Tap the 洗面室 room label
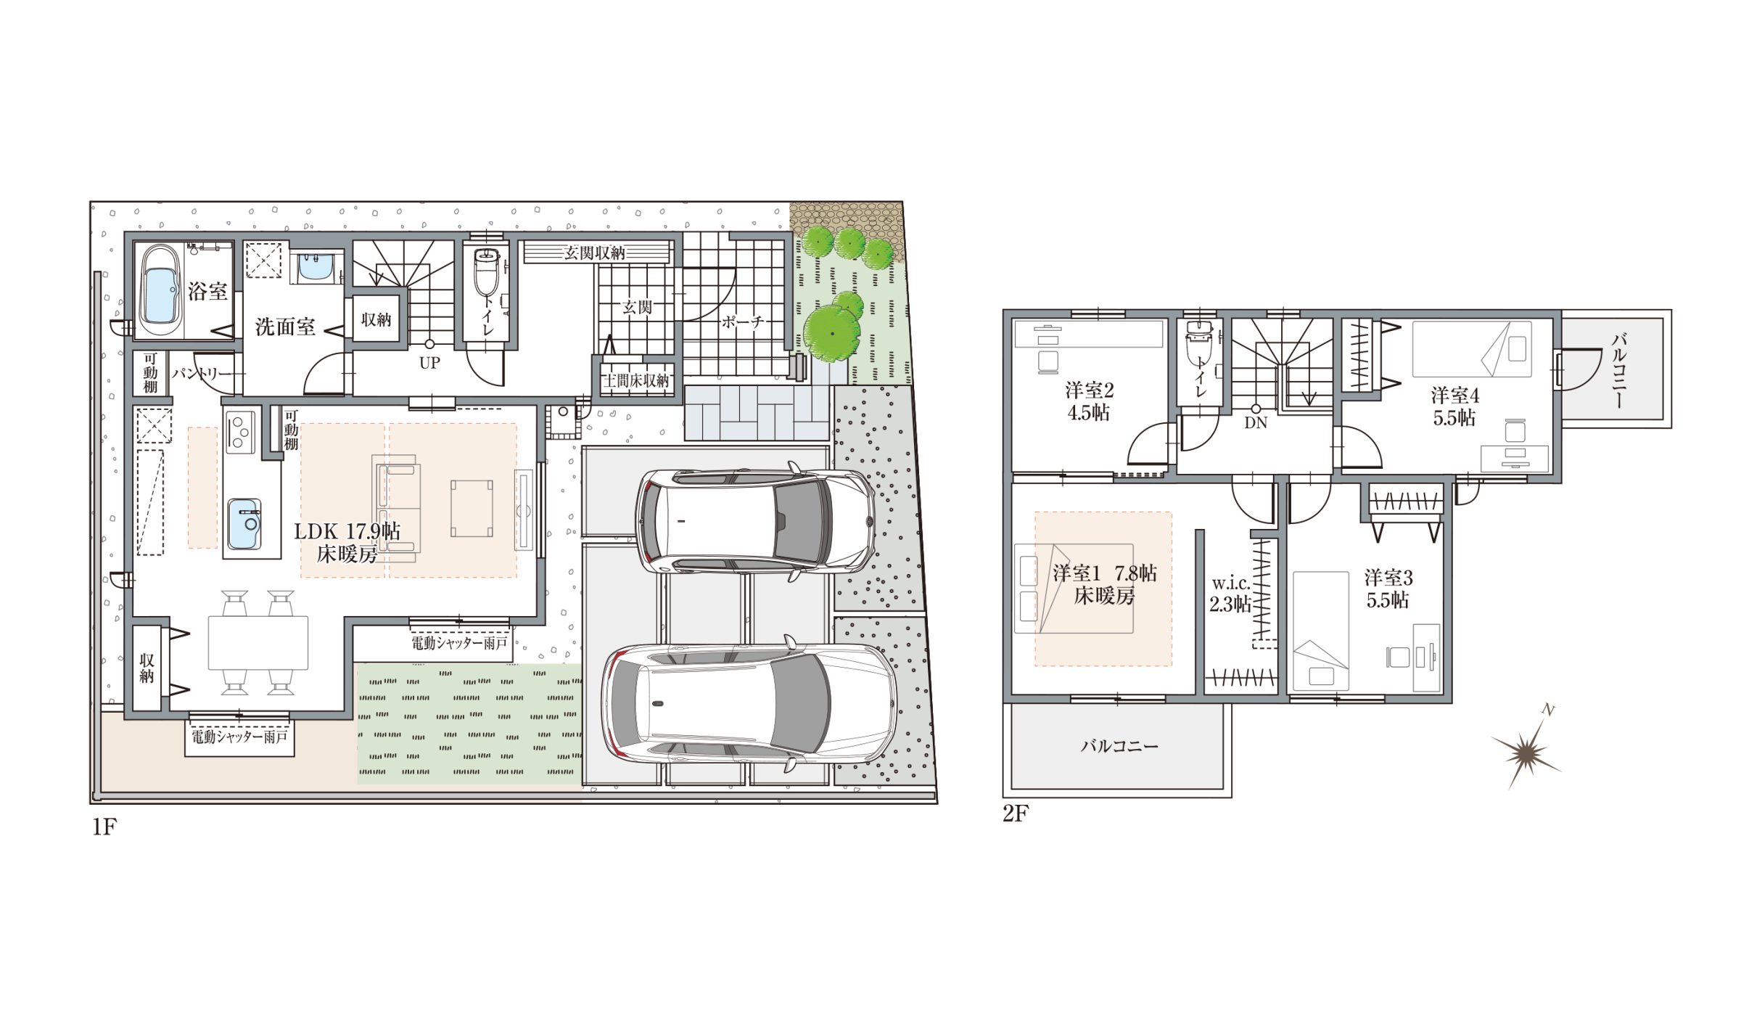coord(285,327)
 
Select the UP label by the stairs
coord(429,362)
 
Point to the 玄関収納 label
coord(595,253)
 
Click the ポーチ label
coord(742,321)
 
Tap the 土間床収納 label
coord(635,380)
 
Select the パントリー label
coord(202,374)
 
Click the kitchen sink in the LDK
coord(244,523)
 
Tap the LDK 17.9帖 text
coord(347,531)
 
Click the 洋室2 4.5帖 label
coord(1089,401)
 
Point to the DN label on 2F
coord(1256,423)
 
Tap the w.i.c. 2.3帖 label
coord(1230,594)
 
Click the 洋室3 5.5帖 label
coord(1388,589)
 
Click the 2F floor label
coord(1016,814)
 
